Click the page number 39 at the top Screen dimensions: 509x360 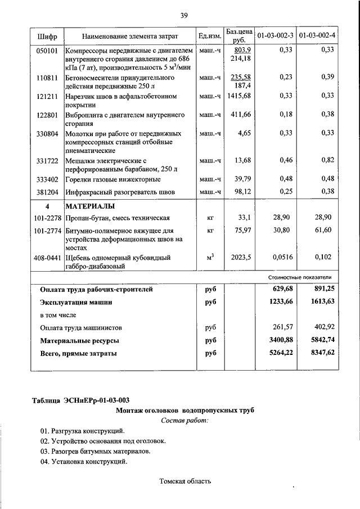(x=184, y=15)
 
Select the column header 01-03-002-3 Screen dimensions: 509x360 (x=275, y=37)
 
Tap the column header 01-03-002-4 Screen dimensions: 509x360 (x=317, y=37)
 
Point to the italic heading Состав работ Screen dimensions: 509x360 (x=184, y=420)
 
